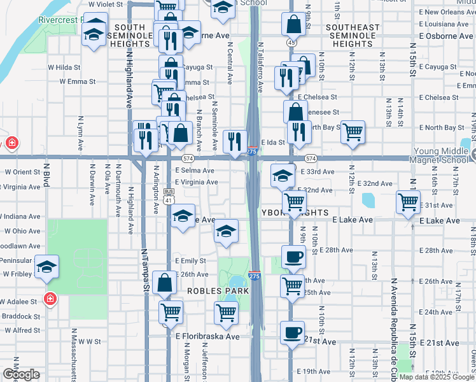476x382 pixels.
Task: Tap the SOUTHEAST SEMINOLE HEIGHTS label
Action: pos(352,36)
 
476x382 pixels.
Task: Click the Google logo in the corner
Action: pos(20,374)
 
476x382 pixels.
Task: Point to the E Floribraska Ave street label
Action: pos(207,336)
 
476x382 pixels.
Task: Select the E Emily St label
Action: pos(190,260)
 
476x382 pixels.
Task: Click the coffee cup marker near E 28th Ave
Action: pos(293,257)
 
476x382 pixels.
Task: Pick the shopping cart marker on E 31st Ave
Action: pos(408,202)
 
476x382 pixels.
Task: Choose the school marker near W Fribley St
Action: pos(46,268)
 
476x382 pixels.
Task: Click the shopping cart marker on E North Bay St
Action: pos(353,132)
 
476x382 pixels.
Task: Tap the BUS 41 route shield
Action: pos(169,195)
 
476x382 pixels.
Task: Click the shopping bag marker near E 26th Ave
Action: pos(165,283)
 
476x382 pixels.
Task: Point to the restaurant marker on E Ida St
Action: pos(235,141)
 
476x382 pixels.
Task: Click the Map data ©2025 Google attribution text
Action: pos(437,377)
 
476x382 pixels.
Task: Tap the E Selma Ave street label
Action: pos(194,171)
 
